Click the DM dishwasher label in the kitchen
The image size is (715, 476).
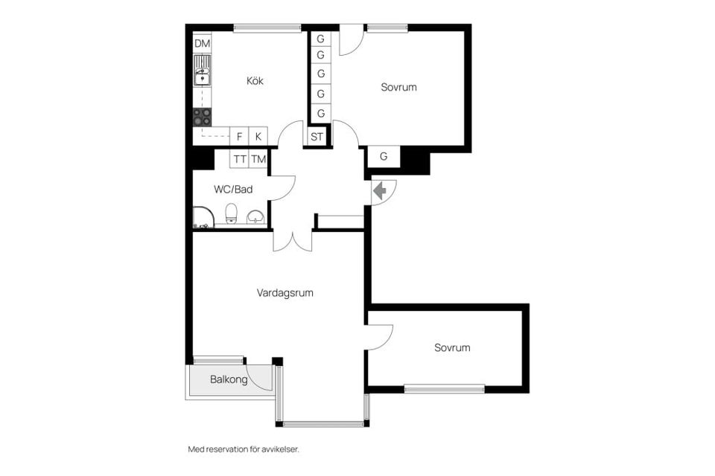point(202,44)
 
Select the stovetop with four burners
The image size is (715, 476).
point(202,117)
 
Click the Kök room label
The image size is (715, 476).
point(255,81)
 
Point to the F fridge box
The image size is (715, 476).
point(239,136)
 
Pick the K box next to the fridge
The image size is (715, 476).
point(258,136)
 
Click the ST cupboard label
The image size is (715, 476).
point(317,137)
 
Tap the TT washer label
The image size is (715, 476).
point(240,159)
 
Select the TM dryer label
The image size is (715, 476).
point(258,159)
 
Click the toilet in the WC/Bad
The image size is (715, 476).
point(232,213)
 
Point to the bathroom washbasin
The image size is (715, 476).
point(255,217)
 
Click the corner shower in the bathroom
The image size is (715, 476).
point(203,218)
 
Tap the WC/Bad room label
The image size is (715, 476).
point(233,190)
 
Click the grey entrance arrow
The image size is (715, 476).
point(379,190)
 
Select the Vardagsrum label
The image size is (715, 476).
point(285,293)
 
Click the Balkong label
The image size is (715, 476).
point(229,379)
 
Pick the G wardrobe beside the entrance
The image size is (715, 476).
point(384,157)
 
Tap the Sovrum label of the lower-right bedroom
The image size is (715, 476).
point(452,348)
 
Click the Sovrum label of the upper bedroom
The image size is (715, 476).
point(398,87)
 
